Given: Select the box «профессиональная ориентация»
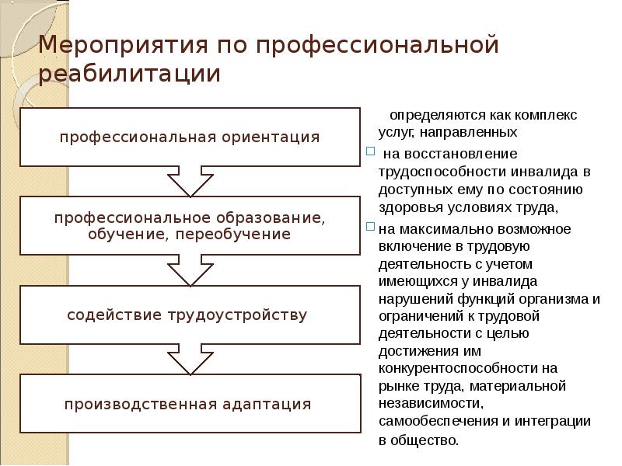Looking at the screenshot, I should tap(190, 137).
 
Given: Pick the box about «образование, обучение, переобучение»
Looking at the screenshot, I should tap(189, 226).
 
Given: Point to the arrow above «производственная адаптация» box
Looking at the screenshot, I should tap(190, 360).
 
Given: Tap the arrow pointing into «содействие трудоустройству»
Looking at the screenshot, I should tap(190, 271).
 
